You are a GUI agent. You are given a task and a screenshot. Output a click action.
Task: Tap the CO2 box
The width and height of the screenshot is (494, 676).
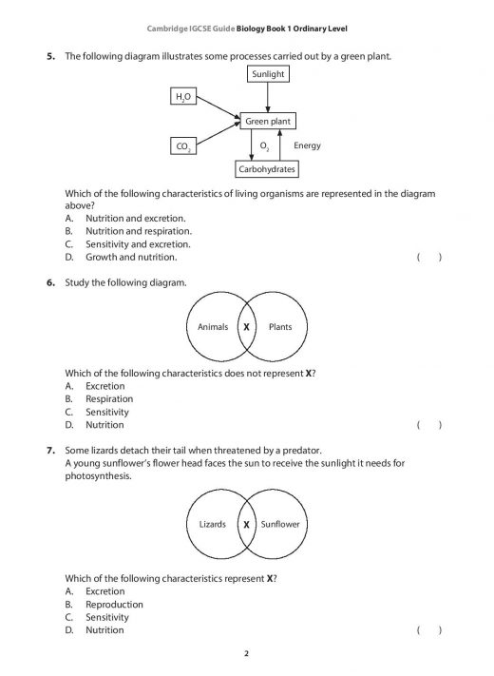[x=181, y=145]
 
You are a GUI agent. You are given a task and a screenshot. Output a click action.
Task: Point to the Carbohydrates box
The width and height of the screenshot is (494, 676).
[x=267, y=169]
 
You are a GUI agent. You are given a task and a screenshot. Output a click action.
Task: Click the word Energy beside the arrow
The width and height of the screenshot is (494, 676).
[x=308, y=145]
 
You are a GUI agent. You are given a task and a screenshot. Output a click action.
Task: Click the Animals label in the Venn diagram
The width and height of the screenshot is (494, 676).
[x=212, y=327]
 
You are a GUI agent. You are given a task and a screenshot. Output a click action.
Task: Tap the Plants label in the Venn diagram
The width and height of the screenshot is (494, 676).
[x=280, y=327]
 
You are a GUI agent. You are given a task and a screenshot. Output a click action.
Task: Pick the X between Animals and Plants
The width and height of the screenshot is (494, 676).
[x=246, y=327]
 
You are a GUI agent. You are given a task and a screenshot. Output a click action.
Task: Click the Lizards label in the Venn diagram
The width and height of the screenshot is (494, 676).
[x=213, y=524]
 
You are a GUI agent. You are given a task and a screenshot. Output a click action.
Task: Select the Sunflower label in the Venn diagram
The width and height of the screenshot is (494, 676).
[x=280, y=524]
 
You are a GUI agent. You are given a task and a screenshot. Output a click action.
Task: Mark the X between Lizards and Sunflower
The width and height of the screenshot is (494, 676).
[x=246, y=524]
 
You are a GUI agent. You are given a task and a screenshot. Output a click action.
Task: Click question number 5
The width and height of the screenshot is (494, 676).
[x=51, y=57]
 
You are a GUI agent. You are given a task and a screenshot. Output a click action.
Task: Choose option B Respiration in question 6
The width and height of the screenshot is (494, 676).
[x=109, y=399]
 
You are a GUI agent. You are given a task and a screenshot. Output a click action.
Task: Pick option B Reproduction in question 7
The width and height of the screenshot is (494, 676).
[x=114, y=604]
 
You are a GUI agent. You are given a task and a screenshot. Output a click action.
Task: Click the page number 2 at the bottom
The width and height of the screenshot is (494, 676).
[x=246, y=654]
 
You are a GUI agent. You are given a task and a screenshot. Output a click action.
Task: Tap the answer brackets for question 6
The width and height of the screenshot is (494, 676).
[x=429, y=426]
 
